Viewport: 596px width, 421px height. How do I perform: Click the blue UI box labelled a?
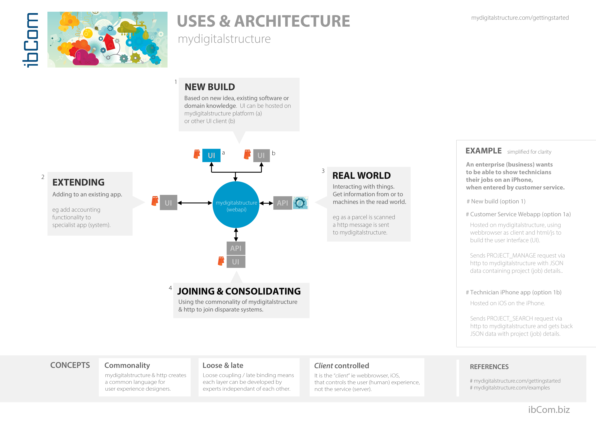tap(211, 155)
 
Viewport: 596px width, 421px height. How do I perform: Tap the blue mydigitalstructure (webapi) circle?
tap(236, 205)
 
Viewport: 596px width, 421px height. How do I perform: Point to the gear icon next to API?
tap(300, 203)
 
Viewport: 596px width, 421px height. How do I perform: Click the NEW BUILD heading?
tap(210, 87)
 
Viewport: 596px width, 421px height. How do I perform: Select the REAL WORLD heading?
tap(361, 176)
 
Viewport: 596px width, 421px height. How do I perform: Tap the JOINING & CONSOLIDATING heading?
tap(239, 291)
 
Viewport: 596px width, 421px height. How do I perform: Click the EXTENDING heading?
tap(78, 182)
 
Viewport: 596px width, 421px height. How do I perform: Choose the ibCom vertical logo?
tap(31, 40)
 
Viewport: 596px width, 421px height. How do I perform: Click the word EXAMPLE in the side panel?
tap(483, 151)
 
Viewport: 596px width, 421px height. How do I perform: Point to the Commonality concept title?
tap(127, 365)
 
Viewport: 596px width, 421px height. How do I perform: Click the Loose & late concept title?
tap(223, 365)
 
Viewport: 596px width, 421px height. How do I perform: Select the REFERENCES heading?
tap(489, 367)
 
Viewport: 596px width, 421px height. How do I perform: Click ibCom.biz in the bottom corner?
tap(549, 410)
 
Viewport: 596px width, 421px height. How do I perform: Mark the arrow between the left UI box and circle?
tap(195, 203)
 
